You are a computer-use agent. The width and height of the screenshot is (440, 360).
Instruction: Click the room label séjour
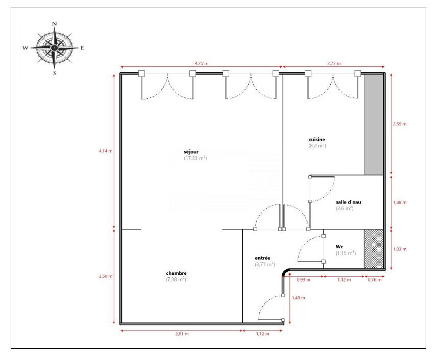[191, 152]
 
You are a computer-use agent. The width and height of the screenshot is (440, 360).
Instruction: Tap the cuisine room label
[316, 139]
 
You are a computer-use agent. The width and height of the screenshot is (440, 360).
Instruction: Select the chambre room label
[176, 273]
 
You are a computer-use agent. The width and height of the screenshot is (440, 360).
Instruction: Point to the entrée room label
[262, 258]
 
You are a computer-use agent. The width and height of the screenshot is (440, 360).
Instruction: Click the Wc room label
[339, 247]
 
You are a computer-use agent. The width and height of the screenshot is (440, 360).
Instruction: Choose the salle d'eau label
[348, 202]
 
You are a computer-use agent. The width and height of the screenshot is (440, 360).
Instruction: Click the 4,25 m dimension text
[202, 63]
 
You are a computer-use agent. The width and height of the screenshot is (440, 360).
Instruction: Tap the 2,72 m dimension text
[334, 63]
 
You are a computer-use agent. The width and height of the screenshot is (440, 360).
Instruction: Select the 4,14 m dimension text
[106, 151]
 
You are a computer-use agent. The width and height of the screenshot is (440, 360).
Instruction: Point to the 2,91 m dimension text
[182, 333]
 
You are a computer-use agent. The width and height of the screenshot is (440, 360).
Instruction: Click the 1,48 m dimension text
[298, 298]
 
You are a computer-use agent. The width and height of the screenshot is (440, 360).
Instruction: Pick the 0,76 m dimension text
[374, 279]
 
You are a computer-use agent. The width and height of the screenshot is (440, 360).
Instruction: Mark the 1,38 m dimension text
[400, 202]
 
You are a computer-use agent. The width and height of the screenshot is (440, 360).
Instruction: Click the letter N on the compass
[55, 24]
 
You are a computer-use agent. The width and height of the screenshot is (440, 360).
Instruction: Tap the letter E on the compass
[82, 48]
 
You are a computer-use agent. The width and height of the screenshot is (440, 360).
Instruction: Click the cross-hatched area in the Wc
[374, 249]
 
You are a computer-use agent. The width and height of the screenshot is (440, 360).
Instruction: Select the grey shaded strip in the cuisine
[374, 124]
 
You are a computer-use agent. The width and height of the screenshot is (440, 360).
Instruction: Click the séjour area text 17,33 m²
[195, 158]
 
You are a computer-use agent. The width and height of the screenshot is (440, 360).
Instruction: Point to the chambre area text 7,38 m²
[176, 279]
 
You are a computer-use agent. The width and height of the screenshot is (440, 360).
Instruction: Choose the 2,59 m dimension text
[400, 123]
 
